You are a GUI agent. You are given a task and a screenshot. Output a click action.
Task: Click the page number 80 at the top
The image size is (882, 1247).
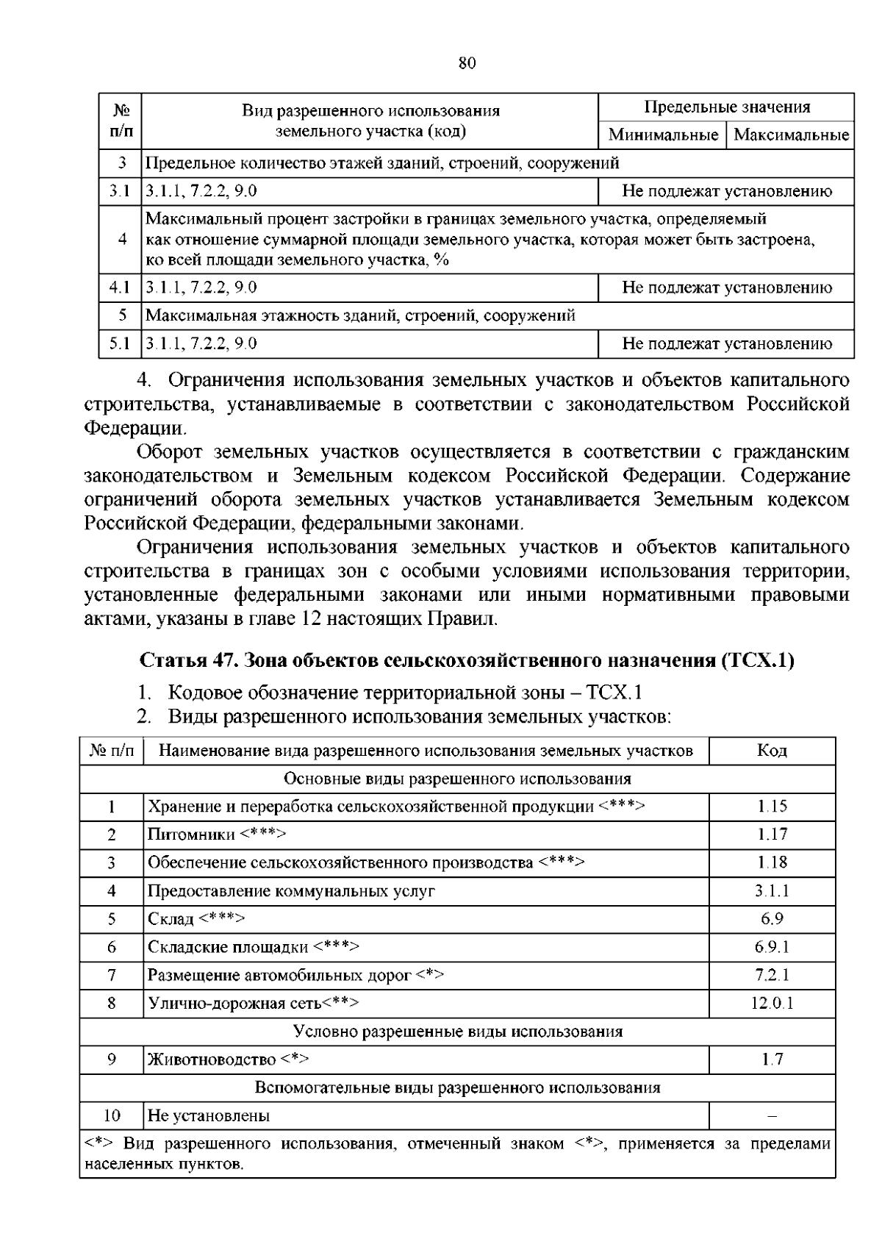467,63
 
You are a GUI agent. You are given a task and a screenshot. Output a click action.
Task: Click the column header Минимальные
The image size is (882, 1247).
663,135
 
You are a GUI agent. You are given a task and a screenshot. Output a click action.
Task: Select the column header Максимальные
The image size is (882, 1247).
791,135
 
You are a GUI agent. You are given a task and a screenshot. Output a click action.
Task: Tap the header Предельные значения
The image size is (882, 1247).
727,107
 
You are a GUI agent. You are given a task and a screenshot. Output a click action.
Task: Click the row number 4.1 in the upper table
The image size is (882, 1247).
119,287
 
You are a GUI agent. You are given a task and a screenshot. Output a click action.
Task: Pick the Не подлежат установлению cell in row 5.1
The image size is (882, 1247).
727,343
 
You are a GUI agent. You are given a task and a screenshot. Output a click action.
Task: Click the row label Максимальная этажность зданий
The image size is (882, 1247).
360,315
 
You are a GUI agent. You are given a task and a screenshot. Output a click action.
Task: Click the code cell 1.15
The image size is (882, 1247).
772,807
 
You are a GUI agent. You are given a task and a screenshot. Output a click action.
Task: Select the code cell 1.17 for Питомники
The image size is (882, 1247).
772,835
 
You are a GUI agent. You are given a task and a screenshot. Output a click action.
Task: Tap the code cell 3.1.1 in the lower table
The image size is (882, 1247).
772,891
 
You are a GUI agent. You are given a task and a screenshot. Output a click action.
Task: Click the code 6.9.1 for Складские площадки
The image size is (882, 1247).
772,947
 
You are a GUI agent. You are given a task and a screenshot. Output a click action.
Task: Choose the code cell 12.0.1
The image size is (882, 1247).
772,1003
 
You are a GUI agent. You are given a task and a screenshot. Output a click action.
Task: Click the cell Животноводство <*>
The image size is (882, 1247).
228,1060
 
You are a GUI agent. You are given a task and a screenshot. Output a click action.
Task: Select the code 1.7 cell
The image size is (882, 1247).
772,1060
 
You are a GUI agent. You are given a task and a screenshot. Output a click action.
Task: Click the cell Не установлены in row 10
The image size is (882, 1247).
209,1115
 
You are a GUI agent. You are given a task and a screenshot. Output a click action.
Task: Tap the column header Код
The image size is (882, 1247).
772,751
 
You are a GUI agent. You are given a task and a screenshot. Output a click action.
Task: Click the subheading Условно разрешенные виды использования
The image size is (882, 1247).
457,1032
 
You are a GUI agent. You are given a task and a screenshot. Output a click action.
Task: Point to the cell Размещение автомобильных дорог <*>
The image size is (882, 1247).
295,975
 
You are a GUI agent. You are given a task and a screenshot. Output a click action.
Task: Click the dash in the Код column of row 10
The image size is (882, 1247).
772,1115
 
